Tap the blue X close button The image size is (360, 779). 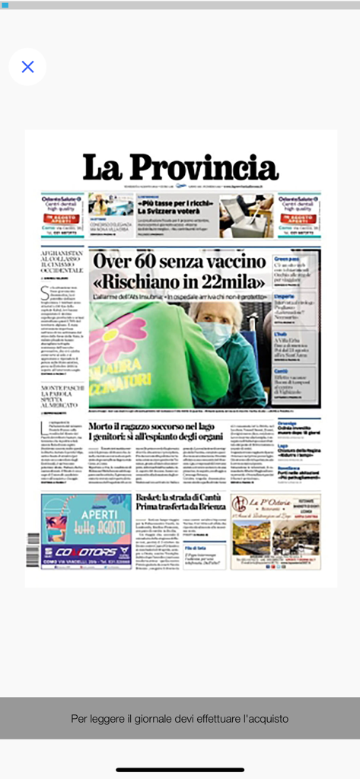pos(27,67)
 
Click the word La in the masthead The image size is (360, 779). pos(102,167)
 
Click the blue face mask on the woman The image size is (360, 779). pos(216,334)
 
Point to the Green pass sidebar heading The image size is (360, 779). pos(286,259)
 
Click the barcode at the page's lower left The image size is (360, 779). pos(33,548)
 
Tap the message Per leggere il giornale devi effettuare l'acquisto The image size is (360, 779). pos(180,718)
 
